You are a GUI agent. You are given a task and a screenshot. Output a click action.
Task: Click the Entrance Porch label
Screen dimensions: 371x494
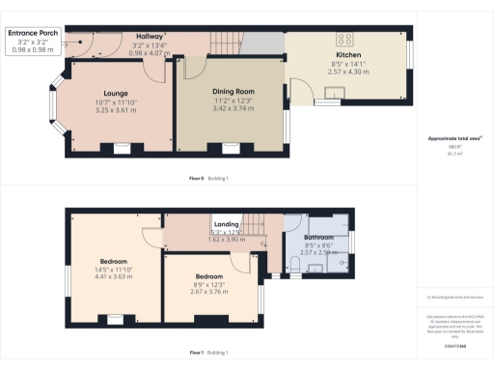[33, 32]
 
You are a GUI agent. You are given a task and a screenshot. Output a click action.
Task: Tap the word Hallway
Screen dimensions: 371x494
[150, 35]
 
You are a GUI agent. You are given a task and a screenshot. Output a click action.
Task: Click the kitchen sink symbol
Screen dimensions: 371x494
[336, 93]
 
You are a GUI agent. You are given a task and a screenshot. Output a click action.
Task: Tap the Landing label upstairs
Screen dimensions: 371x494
[228, 225]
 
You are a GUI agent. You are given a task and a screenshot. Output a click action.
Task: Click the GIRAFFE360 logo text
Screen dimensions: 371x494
[452, 344]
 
